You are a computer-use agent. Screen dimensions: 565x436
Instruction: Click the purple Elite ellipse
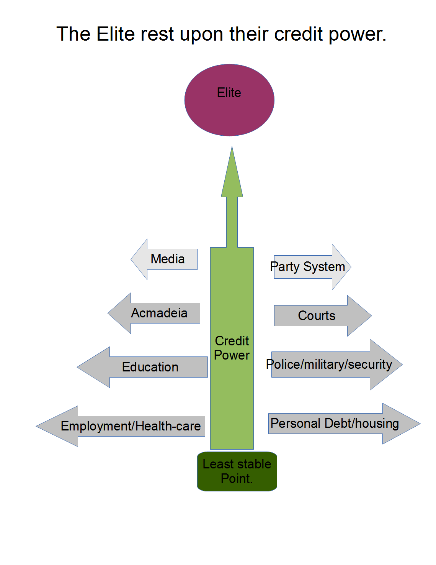coord(229,100)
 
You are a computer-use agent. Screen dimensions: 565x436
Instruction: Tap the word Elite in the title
coord(116,34)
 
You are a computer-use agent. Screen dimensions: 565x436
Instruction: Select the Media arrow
coord(167,260)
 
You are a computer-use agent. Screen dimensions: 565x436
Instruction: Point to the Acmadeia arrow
coord(159,313)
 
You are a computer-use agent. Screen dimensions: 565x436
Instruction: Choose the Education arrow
coord(150,367)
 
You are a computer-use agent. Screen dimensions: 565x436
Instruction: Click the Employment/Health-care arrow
coord(130,426)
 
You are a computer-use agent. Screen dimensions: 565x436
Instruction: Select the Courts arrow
coord(317,316)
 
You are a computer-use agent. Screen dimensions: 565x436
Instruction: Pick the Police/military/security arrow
coord(329,365)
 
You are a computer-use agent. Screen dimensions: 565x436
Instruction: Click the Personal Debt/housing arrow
coord(335,424)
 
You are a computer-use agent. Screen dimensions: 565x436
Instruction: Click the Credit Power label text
coord(232,348)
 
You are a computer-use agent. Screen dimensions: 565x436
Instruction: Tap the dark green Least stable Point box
coord(237,471)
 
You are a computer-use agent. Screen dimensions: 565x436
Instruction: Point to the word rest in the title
coord(157,34)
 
